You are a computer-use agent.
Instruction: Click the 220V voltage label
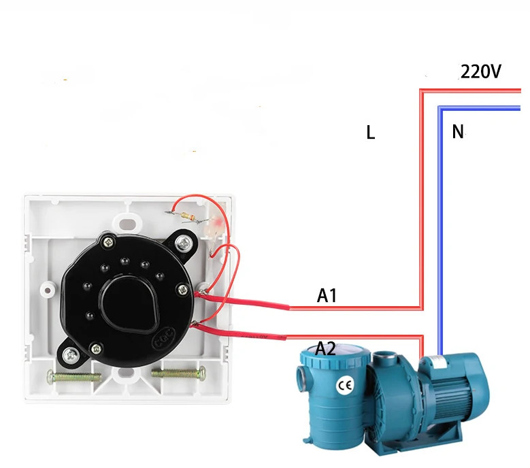(x=480, y=71)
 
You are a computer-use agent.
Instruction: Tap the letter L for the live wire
(x=371, y=133)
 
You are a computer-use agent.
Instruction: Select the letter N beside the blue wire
(x=458, y=131)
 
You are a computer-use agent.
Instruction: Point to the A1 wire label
(x=327, y=295)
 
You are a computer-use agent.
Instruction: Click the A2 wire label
(x=325, y=348)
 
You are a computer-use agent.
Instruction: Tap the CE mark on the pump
(x=345, y=386)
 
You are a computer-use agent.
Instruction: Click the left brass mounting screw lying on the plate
(x=74, y=375)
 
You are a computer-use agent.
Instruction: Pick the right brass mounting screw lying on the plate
(x=178, y=373)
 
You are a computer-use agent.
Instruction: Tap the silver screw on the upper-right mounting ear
(x=184, y=243)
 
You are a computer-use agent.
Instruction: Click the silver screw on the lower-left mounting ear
(x=71, y=354)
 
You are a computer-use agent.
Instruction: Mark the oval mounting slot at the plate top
(x=128, y=223)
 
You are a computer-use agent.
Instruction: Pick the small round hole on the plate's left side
(x=48, y=290)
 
